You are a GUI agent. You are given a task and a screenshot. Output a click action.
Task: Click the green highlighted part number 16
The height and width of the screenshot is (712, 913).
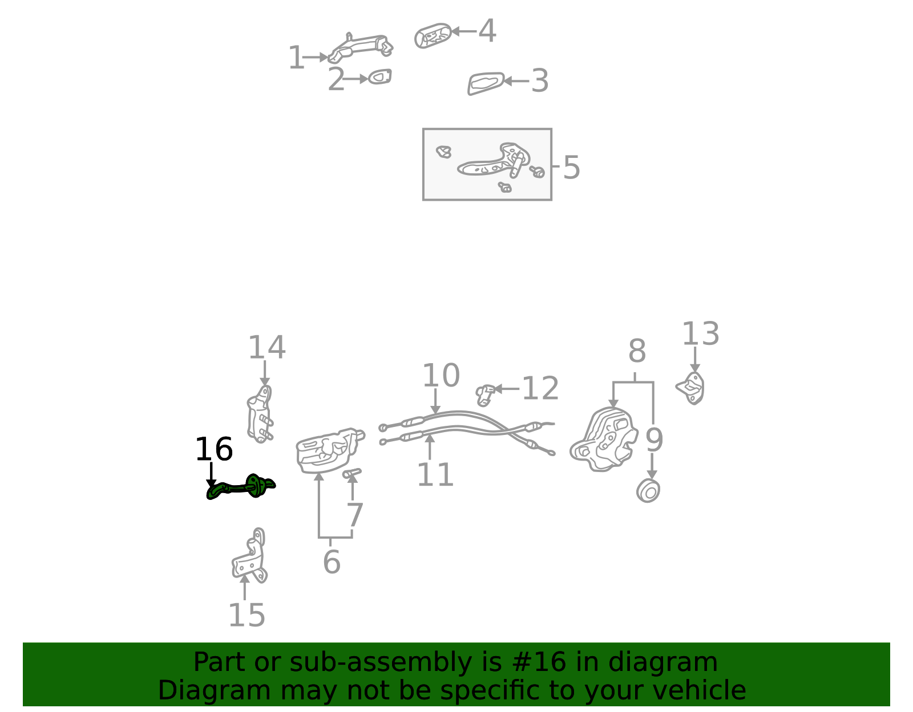241,487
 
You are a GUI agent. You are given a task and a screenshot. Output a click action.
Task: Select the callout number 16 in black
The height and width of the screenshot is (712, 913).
214,449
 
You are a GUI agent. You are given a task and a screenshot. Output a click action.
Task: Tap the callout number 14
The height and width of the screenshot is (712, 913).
267,347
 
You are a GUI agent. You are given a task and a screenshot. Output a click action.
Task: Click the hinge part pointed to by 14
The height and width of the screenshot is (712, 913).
260,414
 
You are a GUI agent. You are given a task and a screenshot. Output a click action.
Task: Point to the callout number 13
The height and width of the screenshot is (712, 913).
700,334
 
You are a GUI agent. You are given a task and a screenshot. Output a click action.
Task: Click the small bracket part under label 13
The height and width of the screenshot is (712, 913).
690,388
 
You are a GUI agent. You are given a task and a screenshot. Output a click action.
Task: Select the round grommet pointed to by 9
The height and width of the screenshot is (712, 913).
648,491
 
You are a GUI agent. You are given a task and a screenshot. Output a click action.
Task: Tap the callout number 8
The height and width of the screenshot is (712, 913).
637,351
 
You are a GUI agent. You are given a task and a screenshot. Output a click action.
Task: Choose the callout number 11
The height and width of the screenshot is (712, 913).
435,475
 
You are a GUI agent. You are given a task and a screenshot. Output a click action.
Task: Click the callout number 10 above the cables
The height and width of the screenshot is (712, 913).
441,375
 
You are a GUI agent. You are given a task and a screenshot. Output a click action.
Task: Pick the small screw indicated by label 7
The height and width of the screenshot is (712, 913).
352,474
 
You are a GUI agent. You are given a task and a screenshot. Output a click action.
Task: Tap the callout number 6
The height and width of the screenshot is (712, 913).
332,562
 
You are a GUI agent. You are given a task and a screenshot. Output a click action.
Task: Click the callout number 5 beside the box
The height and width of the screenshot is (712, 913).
571,168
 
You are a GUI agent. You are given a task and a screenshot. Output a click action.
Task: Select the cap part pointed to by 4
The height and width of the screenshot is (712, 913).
433,36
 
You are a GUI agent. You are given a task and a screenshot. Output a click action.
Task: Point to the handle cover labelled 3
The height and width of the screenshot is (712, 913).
486,83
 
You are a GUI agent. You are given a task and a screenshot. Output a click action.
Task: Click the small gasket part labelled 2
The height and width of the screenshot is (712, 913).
380,77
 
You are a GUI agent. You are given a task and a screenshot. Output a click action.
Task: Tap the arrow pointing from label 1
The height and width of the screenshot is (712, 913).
315,57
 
